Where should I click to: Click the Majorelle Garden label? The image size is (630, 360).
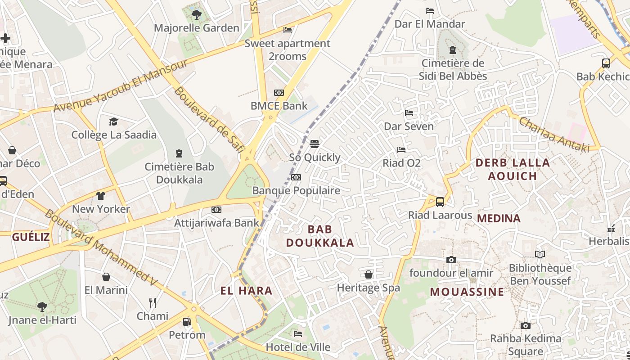click(197, 28)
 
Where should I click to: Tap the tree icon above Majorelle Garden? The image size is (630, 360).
click(197, 15)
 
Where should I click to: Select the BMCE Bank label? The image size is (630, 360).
click(279, 106)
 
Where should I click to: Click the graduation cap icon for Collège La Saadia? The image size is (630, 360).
click(113, 121)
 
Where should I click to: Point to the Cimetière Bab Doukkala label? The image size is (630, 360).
click(179, 173)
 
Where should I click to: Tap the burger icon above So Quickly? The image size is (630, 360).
click(315, 144)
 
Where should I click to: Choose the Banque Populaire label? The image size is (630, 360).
click(296, 190)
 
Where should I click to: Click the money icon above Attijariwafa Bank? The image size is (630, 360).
click(216, 210)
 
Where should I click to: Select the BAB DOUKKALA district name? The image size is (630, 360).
click(320, 236)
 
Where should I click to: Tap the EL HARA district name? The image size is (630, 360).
click(247, 291)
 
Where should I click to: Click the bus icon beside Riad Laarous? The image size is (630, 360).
click(440, 202)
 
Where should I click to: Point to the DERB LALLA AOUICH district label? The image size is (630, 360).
click(513, 169)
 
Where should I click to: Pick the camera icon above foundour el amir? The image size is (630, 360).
click(451, 260)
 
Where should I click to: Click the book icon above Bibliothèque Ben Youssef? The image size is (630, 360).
click(540, 255)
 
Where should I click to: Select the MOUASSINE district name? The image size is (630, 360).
click(467, 292)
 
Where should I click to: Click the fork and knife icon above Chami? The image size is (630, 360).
click(153, 302)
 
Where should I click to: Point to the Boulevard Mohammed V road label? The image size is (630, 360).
click(101, 248)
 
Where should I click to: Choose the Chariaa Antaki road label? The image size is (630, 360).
click(554, 134)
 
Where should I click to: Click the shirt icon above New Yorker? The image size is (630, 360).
click(100, 196)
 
